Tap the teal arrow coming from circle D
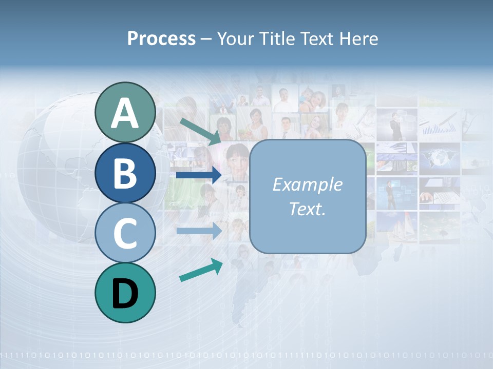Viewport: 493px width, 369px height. pos(201,270)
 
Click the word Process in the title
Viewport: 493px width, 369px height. pos(161,39)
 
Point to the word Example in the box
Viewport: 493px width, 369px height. pos(307,184)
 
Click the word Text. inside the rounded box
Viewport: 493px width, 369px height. pos(307,209)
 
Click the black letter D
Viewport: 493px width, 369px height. pos(125,293)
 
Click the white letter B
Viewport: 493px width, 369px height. pos(125,173)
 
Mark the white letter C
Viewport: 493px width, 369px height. pos(125,233)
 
